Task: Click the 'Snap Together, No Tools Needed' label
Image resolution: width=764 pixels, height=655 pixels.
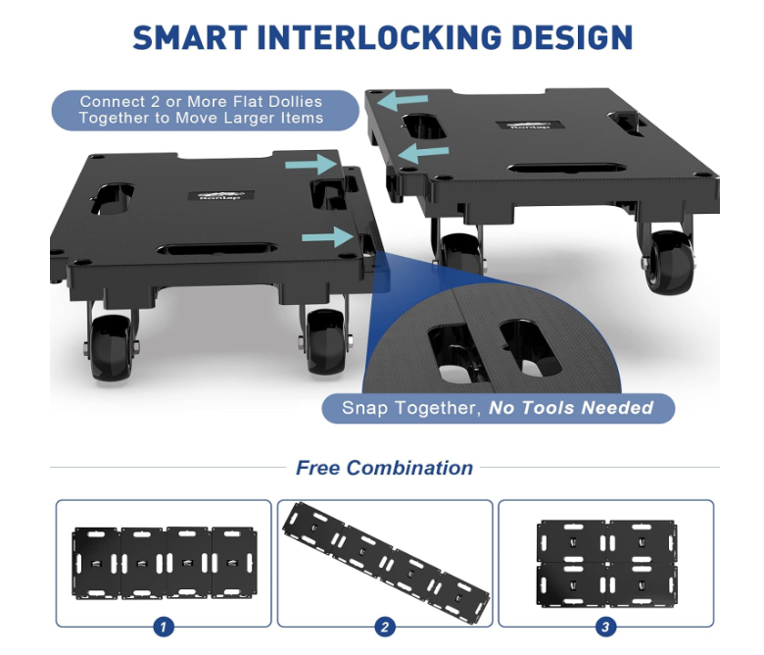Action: pyautogui.click(x=498, y=408)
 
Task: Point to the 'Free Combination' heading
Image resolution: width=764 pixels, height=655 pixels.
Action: pyautogui.click(x=384, y=468)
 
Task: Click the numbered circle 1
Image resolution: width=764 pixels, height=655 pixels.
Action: pyautogui.click(x=164, y=627)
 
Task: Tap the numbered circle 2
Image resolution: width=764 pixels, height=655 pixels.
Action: pyautogui.click(x=385, y=627)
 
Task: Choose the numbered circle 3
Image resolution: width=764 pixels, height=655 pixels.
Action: pyautogui.click(x=606, y=627)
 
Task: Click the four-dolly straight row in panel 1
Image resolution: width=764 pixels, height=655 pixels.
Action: pyautogui.click(x=164, y=563)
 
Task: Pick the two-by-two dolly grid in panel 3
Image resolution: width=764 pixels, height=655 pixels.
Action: pyautogui.click(x=606, y=563)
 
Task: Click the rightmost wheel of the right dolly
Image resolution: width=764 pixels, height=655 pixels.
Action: pyautogui.click(x=669, y=261)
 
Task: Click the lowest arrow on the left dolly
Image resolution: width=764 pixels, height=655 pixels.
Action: pyautogui.click(x=327, y=236)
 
